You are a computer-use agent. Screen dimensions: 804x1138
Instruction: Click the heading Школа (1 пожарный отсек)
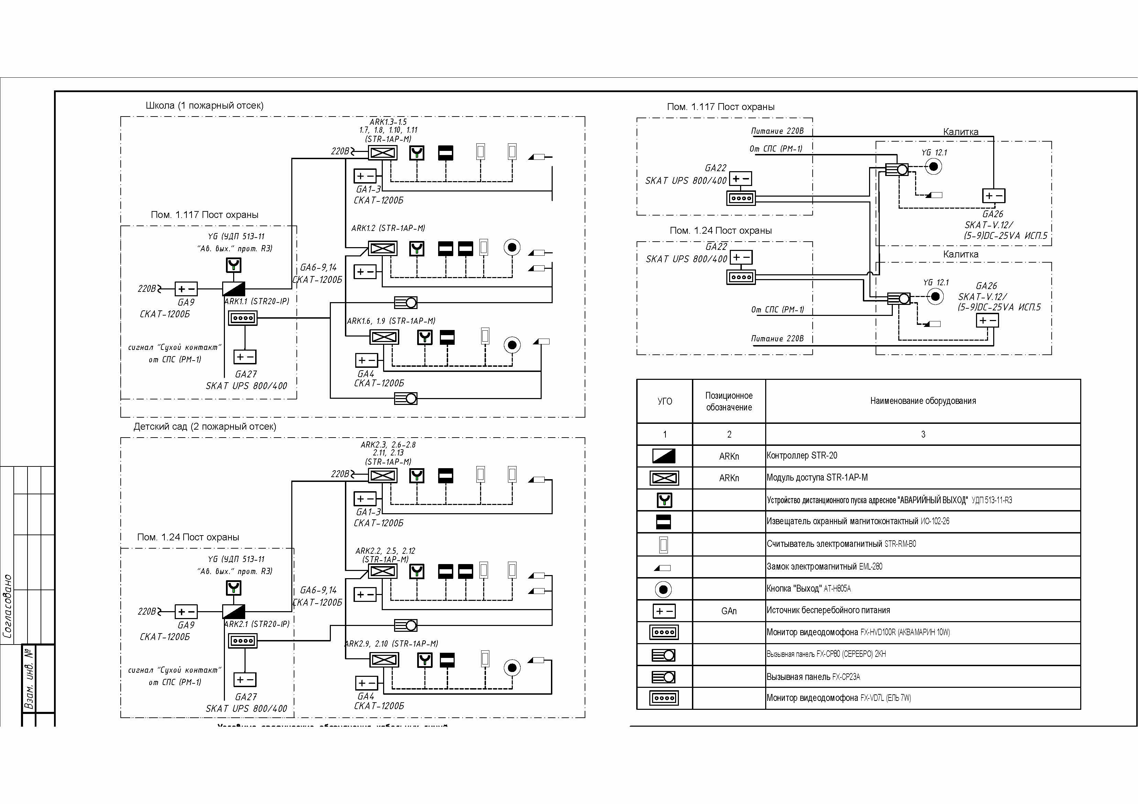(204, 106)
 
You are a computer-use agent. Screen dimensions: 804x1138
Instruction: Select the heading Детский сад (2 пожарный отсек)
(204, 427)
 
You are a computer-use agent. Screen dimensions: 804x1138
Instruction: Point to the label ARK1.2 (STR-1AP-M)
(388, 228)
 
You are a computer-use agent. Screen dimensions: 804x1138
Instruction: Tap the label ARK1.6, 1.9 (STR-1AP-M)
(391, 321)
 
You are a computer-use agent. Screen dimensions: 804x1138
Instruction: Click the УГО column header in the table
(665, 401)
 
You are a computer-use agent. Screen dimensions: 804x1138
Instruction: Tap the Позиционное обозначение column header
(729, 401)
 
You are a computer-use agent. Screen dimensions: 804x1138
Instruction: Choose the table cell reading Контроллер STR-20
(801, 455)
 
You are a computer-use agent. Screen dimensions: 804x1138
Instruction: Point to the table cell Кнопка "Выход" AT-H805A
(809, 588)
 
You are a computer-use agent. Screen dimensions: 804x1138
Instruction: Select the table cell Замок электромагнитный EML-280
(824, 566)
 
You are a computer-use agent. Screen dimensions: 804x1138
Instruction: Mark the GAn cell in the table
(729, 611)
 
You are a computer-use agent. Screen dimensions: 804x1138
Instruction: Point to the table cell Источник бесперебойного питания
(828, 610)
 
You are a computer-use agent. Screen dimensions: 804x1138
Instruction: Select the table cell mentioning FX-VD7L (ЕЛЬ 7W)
(839, 698)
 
